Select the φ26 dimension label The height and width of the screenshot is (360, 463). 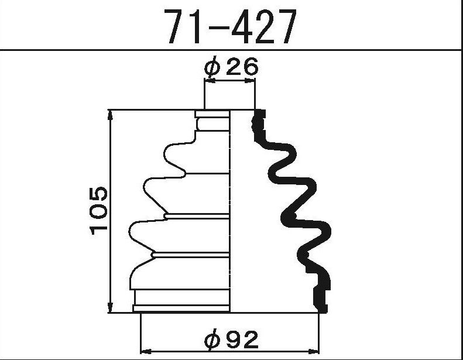click(231, 67)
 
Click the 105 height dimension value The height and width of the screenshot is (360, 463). click(99, 211)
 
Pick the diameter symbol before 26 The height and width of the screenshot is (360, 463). click(212, 68)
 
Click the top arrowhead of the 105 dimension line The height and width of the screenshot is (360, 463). click(111, 114)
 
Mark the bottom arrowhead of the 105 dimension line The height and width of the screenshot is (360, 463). click(111, 308)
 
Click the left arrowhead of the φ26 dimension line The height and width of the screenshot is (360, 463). click(208, 83)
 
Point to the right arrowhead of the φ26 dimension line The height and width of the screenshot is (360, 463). click(252, 83)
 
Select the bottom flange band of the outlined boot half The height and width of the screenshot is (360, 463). click(181, 308)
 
